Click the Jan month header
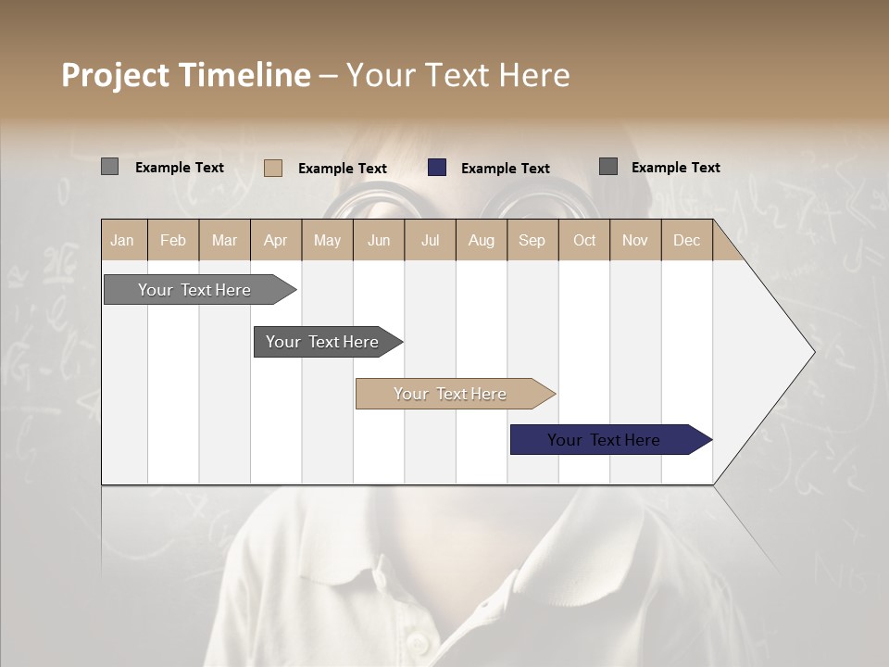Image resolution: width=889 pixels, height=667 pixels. [x=122, y=240]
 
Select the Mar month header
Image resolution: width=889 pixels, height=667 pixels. [x=224, y=240]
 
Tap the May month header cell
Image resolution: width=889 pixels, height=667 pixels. [x=327, y=240]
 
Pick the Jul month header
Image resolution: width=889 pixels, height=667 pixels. [x=430, y=240]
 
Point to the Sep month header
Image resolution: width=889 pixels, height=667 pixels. [x=532, y=240]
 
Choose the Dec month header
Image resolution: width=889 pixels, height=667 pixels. [x=686, y=240]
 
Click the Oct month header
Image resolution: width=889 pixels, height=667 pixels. [x=584, y=240]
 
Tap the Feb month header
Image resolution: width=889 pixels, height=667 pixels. [x=173, y=240]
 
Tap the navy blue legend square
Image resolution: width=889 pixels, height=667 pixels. [x=437, y=167]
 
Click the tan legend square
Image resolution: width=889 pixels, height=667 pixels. [x=273, y=168]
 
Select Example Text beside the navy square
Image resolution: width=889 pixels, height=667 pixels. [x=505, y=169]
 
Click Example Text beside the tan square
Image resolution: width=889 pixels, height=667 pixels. [x=342, y=169]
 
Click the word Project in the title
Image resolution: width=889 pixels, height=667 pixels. [x=115, y=75]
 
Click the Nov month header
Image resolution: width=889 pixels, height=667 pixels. [x=634, y=240]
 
